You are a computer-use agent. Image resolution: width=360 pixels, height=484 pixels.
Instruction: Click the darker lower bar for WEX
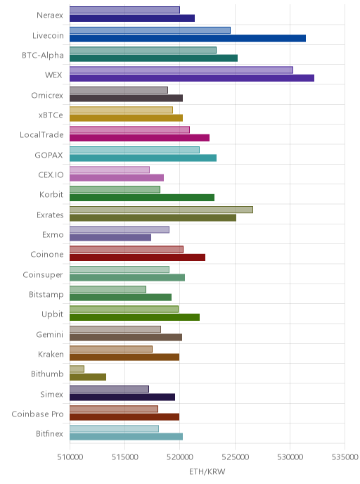coord(192,78)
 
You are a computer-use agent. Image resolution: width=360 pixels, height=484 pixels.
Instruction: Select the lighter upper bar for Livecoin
coord(150,30)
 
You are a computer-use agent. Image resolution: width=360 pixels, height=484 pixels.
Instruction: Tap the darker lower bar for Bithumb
coord(88,377)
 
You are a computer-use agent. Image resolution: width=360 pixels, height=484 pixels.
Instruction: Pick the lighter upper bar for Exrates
coord(161,210)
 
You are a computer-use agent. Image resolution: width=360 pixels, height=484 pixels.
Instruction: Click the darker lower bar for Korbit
coord(142,198)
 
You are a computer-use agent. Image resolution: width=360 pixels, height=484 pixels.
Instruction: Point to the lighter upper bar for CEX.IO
coord(110,170)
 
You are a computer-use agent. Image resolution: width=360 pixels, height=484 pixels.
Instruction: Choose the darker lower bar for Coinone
coord(138,257)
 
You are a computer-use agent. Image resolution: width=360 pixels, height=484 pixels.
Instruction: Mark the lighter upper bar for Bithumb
coord(77,369)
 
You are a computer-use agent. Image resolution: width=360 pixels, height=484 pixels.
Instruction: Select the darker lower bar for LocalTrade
coord(139,138)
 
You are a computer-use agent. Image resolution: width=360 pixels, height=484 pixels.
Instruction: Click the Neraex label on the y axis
coord(50,15)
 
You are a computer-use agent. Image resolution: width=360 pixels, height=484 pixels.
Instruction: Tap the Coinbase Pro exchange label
coord(37,414)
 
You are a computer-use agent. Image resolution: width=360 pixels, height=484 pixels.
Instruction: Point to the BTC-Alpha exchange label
coord(43,56)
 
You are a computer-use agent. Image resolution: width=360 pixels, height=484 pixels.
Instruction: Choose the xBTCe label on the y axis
coord(51,115)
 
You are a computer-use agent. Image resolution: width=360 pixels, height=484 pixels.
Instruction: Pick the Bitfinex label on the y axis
coord(49,433)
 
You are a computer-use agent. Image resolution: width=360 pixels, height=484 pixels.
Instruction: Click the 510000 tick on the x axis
coord(70,457)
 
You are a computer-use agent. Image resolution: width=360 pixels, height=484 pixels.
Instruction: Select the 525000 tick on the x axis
coord(235,457)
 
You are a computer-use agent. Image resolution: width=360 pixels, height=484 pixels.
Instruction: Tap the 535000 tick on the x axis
coord(345,457)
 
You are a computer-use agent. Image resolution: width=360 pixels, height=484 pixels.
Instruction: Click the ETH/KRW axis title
coord(207,471)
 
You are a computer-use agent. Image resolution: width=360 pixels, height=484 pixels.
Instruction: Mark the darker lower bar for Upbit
coord(134,317)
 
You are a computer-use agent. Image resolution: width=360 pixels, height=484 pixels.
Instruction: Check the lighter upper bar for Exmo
coord(120,229)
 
